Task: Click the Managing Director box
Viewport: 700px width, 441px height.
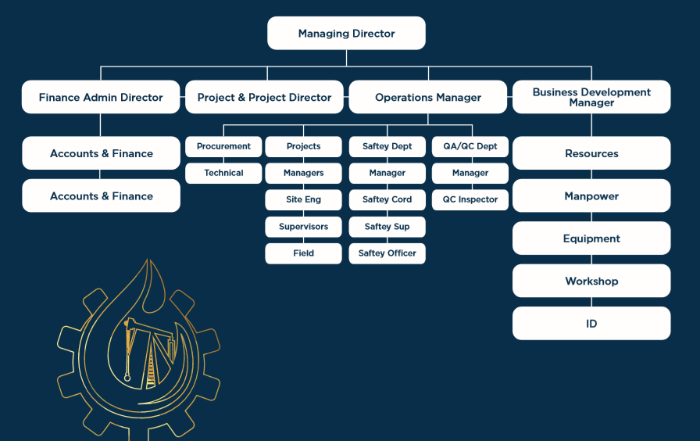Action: click(x=346, y=34)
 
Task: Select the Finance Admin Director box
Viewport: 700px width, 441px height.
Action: click(x=101, y=98)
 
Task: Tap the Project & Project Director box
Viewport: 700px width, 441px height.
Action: click(x=264, y=98)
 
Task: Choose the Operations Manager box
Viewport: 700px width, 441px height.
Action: click(x=428, y=98)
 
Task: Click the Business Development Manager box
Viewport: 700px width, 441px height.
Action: click(x=591, y=97)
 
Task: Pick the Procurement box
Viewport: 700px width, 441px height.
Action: click(x=223, y=146)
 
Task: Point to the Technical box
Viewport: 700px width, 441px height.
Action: click(x=223, y=173)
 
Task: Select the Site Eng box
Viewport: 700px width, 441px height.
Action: click(x=303, y=199)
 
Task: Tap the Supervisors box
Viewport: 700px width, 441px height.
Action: click(x=303, y=227)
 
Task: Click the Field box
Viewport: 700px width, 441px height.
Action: click(x=303, y=253)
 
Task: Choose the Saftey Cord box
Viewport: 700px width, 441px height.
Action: click(x=387, y=199)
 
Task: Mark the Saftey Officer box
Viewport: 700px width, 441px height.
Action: click(x=387, y=253)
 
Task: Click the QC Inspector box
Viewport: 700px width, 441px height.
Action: click(x=470, y=199)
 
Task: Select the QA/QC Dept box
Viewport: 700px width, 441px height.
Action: click(x=470, y=146)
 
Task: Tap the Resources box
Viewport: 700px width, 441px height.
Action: click(x=591, y=153)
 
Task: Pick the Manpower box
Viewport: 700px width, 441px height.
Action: click(x=591, y=195)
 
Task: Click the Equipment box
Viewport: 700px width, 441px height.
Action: click(x=591, y=238)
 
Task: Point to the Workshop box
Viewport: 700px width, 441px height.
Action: click(x=591, y=281)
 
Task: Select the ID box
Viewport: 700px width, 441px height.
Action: click(x=591, y=323)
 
